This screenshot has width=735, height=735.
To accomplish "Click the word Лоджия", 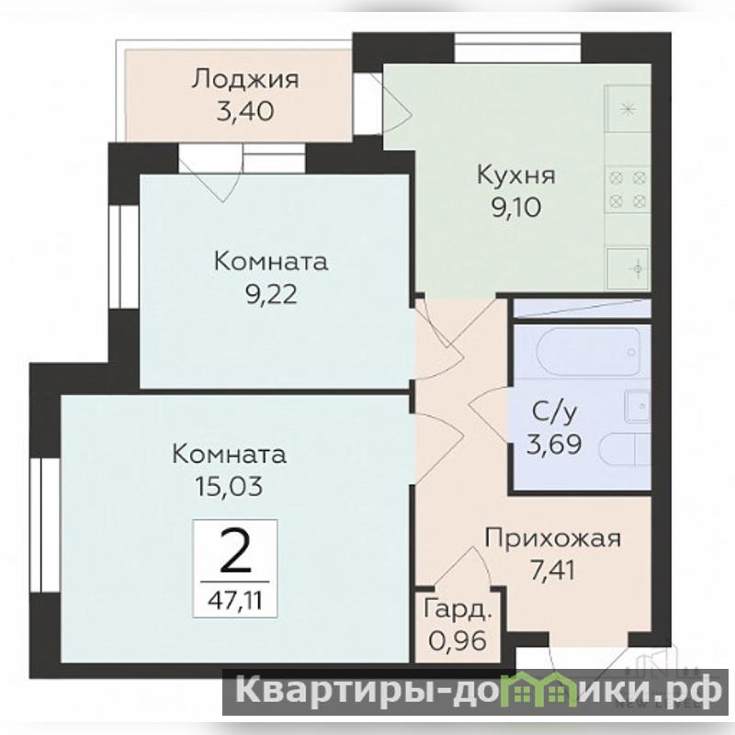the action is tap(244, 80).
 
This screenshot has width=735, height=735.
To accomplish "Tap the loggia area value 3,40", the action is tap(245, 112).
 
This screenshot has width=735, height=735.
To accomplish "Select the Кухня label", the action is tap(516, 175).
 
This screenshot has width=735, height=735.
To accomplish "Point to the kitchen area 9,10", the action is tap(516, 208).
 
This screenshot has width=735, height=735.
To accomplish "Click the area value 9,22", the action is tap(271, 295).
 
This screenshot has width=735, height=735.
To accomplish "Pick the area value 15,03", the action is tap(229, 487).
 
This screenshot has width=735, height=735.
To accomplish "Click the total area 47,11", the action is tap(235, 600).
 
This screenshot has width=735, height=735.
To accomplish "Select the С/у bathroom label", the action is tap(555, 413).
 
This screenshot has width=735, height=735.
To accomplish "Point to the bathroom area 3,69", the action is tap(554, 444).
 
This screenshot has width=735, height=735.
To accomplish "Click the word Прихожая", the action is tap(553, 539).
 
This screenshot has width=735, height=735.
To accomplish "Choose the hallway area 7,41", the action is tap(553, 571).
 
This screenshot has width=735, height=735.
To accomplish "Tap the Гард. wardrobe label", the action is tap(458, 610).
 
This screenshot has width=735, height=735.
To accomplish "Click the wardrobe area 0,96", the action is tap(457, 640).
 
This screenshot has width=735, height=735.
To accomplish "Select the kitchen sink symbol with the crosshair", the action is tap(629, 268).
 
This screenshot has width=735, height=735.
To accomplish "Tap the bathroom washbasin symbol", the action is tap(638, 406).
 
